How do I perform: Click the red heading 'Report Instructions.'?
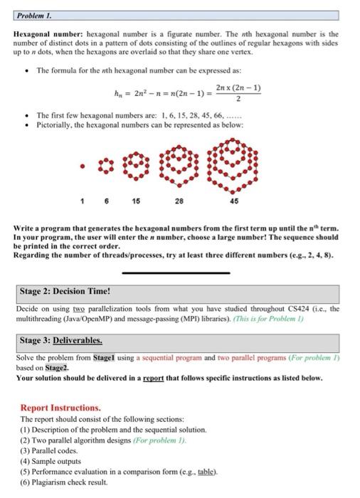click(60, 408)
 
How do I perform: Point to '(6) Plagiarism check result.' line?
click(65, 482)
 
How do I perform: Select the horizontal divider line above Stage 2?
click(176, 272)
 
